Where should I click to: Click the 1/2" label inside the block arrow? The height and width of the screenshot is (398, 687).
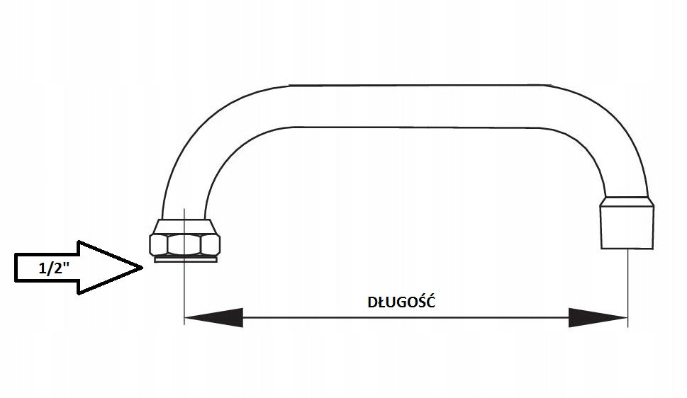[55, 268]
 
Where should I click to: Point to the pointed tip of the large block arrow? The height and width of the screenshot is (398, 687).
[143, 267]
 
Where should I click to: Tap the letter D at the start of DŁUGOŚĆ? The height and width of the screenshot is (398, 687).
[372, 302]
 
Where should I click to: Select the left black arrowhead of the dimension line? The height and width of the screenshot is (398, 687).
[214, 317]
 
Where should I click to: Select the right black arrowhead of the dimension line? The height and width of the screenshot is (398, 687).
[598, 317]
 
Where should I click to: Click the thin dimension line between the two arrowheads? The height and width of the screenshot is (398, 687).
[406, 317]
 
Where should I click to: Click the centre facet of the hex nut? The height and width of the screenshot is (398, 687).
[184, 244]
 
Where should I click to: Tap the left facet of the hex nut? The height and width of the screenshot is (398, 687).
[158, 244]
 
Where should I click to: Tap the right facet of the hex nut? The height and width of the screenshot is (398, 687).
[211, 244]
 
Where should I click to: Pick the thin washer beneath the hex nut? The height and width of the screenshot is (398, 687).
[185, 259]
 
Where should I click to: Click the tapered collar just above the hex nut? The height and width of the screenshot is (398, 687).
[184, 227]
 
